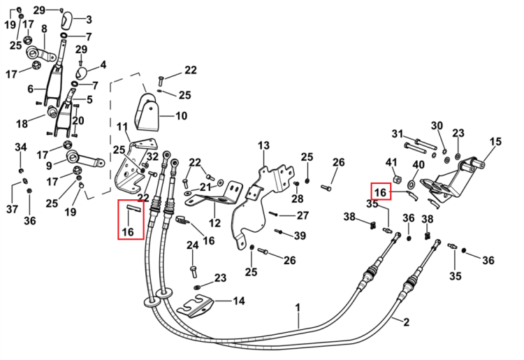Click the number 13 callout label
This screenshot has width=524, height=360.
tap(263, 146)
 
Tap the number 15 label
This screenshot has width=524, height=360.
tap(495, 142)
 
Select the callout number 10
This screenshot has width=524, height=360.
tap(181, 116)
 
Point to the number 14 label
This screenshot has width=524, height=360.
tap(239, 301)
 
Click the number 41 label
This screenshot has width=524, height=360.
tap(391, 162)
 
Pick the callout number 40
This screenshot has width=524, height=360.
tap(419, 165)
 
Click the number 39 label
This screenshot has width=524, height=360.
tap(300, 236)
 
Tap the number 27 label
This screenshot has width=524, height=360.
tap(303, 215)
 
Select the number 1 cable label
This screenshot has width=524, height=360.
tap(298, 308)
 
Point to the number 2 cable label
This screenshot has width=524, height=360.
tap(406, 322)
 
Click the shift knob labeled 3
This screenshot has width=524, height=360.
tap(66, 20)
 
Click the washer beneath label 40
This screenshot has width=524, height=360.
tap(411, 184)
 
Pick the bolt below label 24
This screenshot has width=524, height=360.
tap(193, 271)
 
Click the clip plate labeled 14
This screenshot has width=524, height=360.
tap(195, 306)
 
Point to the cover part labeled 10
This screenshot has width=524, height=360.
tap(147, 113)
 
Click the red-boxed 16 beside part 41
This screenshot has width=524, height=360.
tap(380, 192)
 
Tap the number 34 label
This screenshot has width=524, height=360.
tap(21, 147)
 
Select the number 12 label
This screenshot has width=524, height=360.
tap(214, 222)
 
